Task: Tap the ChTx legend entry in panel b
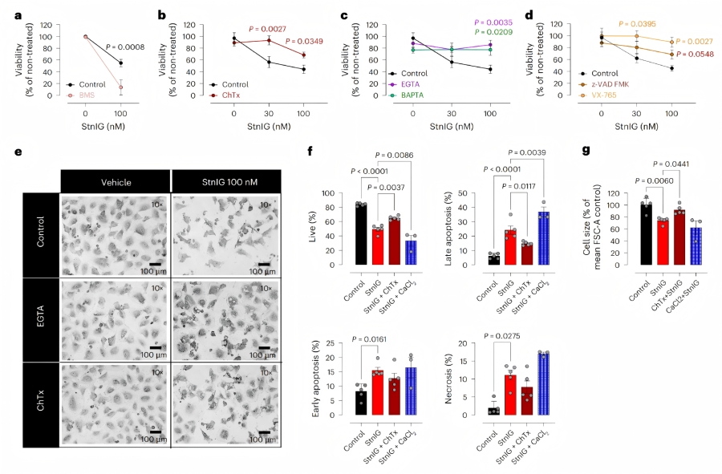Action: (226, 95)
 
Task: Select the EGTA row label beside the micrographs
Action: (40, 318)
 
